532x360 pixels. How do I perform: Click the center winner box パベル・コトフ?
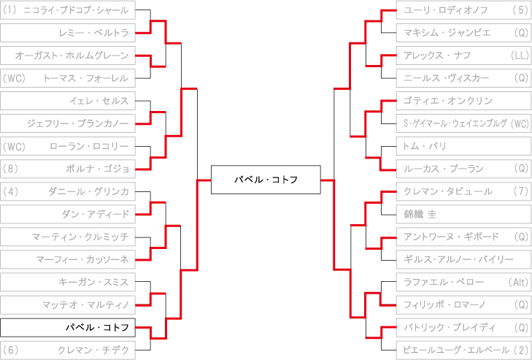pos(266,180)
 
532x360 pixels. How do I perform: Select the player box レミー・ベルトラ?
pos(68,33)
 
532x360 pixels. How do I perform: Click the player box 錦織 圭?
pos(464,214)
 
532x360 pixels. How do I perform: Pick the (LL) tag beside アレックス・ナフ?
pos(520,55)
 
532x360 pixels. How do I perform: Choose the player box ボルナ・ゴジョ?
pos(68,169)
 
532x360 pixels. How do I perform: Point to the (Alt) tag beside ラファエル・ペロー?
pos(518,282)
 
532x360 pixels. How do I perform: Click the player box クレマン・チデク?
pos(68,351)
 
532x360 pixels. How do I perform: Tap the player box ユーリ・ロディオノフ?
pos(464,10)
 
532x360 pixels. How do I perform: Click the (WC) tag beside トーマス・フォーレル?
pos(14,78)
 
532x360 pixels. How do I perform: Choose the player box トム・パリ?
pos(464,146)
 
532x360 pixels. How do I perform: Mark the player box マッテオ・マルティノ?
pos(68,305)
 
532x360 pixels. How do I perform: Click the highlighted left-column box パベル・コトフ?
pos(68,327)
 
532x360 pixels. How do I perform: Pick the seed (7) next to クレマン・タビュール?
pos(521,191)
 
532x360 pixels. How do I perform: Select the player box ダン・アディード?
pos(68,214)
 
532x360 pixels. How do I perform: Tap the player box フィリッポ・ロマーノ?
pos(464,305)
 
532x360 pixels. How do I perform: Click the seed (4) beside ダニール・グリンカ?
pos(9,191)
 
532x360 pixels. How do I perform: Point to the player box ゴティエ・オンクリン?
pos(464,101)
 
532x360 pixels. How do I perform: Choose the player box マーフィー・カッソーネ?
pos(68,259)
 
